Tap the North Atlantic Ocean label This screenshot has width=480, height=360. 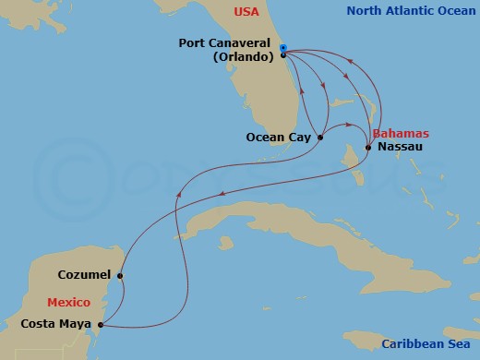(x=411, y=12)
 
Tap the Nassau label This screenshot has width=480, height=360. (x=398, y=148)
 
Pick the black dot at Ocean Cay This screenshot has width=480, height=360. (x=320, y=138)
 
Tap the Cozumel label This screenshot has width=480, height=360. (x=84, y=275)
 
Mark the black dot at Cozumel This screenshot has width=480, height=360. (x=120, y=275)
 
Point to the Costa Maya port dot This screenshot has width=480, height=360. (x=100, y=324)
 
